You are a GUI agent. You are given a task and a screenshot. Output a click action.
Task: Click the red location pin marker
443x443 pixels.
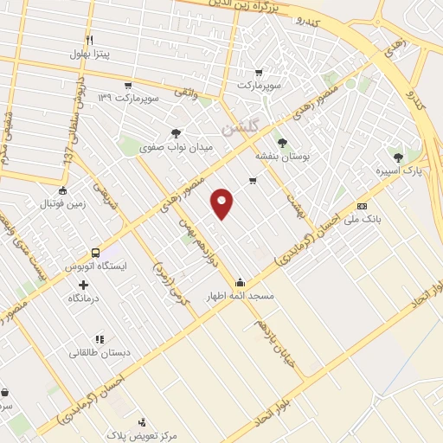[221, 203]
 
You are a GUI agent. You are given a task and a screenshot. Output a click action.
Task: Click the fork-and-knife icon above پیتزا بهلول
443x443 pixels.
[90, 40]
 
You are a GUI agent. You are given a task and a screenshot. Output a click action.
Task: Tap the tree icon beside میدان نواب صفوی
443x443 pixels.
[177, 133]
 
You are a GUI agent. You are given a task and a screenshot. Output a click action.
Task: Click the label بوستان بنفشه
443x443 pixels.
[276, 156]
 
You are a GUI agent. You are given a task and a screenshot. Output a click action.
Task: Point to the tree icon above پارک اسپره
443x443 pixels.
[397, 157]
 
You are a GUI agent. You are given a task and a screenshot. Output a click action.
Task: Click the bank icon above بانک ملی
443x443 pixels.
[362, 206]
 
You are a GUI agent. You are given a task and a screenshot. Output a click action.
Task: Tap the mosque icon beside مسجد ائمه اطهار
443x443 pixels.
[240, 282]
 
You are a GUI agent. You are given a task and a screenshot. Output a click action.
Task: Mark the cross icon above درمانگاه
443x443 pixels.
[84, 285]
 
